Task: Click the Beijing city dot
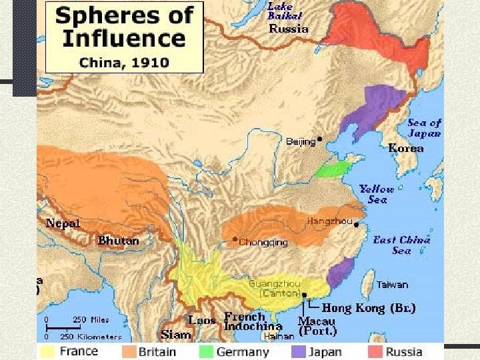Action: point(320,140)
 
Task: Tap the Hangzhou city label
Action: point(329,221)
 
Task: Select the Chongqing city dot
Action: point(235,239)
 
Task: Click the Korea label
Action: point(405,149)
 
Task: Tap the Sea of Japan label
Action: point(425,127)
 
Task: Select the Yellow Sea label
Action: point(377,194)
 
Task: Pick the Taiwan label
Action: point(392,285)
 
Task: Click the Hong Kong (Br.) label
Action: point(369,308)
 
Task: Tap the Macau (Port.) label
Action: point(317,325)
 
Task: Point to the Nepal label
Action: point(63,223)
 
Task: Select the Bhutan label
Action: point(119,241)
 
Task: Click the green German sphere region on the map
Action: point(331,167)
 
